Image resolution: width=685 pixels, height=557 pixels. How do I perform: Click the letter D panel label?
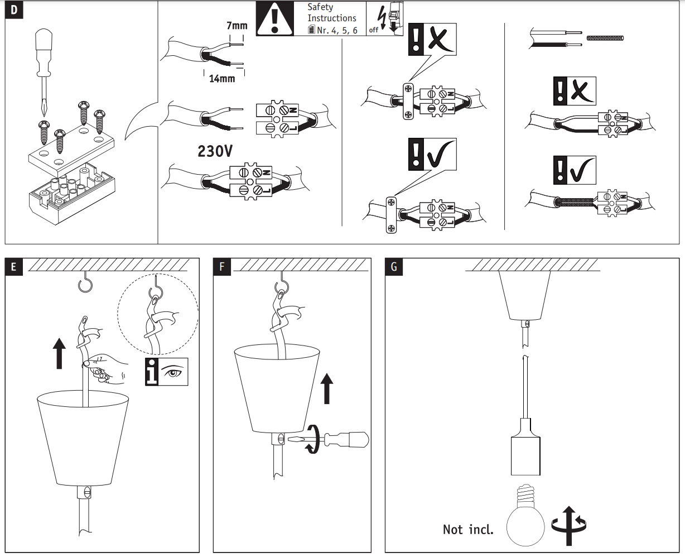click(x=13, y=11)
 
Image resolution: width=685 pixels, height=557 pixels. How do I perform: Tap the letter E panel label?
click(x=13, y=267)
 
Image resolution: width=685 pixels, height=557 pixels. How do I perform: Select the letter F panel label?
click(x=222, y=267)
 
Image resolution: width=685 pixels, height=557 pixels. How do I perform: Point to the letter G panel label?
click(x=394, y=267)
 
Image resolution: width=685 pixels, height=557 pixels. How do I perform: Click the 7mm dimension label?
click(x=237, y=26)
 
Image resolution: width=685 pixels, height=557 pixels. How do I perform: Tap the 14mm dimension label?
click(x=222, y=79)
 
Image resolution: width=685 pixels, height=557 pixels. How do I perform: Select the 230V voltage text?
click(x=215, y=151)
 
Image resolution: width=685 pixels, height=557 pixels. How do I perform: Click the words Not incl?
click(x=468, y=529)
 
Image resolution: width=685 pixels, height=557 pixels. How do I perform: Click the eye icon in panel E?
click(x=173, y=371)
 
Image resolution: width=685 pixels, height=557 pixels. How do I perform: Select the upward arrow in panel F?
click(x=327, y=388)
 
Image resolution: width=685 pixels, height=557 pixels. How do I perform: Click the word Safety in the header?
click(x=320, y=7)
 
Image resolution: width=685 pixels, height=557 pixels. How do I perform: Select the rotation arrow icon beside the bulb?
click(x=569, y=525)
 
